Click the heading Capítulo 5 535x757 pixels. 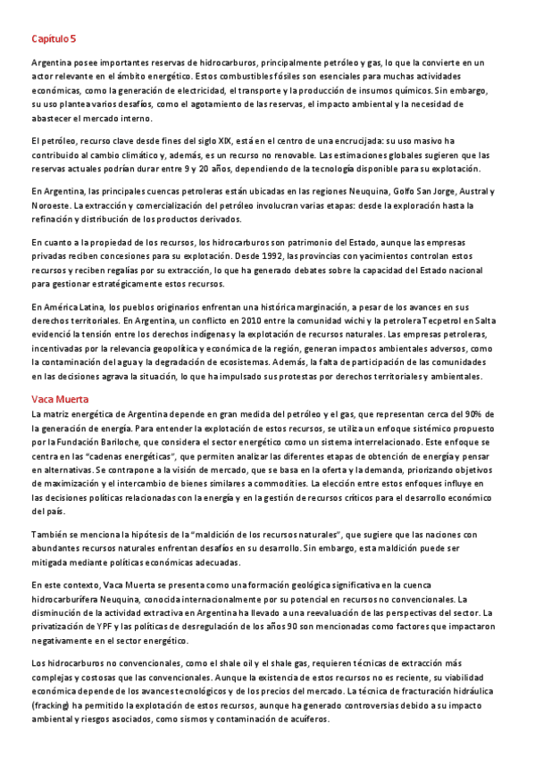pyautogui.click(x=54, y=39)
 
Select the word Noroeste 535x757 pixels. pyautogui.click(x=52, y=206)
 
